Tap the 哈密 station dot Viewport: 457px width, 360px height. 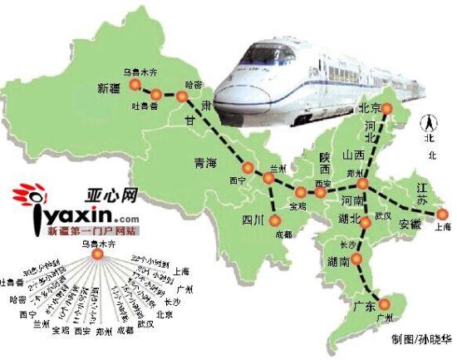coord(183,97)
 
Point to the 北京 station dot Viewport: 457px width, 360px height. coord(386,107)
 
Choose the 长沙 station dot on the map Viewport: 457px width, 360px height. coord(356,259)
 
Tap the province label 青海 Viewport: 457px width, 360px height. coord(204,162)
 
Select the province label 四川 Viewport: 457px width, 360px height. coord(252,219)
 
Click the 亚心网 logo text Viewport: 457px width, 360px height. coord(111,197)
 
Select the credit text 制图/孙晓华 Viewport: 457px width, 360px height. coord(420,340)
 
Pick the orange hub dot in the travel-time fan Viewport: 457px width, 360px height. coord(96,255)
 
